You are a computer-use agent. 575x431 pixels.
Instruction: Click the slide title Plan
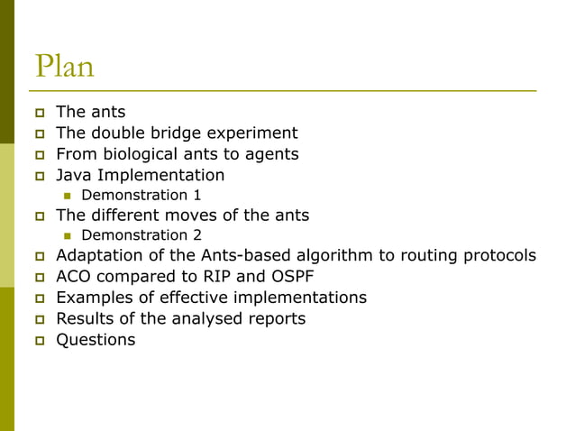[64, 67]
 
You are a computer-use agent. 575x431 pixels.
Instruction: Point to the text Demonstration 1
[141, 195]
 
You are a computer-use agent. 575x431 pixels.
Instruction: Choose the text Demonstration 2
[141, 235]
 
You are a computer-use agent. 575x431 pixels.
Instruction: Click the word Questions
[96, 339]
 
